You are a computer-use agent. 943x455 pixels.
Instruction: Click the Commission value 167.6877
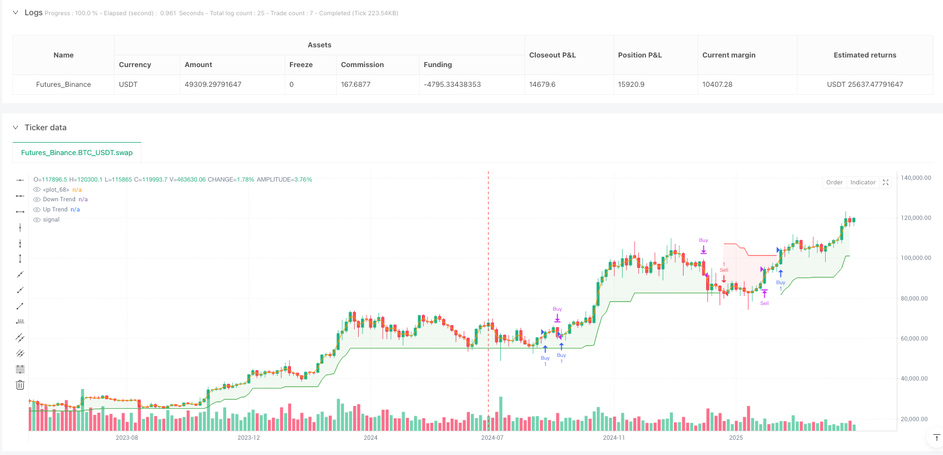[x=355, y=85]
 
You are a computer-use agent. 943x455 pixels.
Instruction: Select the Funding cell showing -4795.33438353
[x=452, y=85]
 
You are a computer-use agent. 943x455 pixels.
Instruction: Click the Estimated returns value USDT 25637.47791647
[x=865, y=85]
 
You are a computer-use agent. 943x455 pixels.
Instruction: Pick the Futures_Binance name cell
[x=63, y=85]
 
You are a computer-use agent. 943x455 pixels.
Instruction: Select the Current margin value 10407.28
[x=717, y=85]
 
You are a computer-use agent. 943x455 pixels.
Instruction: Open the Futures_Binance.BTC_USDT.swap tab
[x=77, y=152]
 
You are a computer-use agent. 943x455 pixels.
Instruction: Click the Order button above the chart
[x=834, y=182]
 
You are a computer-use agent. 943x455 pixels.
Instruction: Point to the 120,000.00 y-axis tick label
[x=915, y=218]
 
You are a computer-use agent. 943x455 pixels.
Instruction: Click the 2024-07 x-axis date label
[x=492, y=438]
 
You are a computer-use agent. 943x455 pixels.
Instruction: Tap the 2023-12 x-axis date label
[x=248, y=438]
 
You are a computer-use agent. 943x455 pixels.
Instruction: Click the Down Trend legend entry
[x=59, y=199]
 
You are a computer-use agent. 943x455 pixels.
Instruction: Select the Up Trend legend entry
[x=55, y=209]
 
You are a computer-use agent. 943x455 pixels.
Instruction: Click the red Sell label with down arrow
[x=724, y=271]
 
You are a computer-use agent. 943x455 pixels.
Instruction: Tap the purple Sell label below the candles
[x=764, y=303]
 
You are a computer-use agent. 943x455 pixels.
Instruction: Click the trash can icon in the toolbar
[x=20, y=385]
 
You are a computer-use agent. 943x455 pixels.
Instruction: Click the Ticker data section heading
[x=46, y=127]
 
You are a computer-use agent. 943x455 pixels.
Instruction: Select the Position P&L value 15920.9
[x=631, y=85]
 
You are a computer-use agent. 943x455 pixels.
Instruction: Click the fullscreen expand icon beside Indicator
[x=885, y=182]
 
